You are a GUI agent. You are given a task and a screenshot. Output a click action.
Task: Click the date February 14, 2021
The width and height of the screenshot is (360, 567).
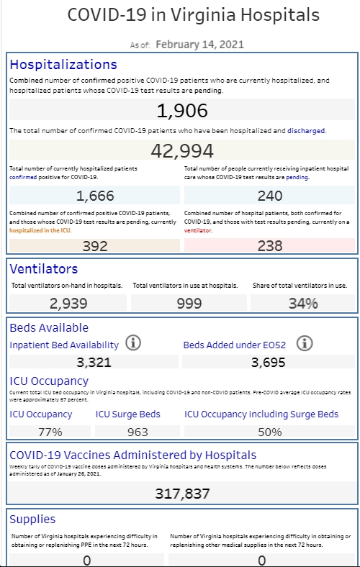199,45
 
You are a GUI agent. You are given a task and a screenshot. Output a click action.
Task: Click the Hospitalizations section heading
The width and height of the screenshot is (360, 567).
63,64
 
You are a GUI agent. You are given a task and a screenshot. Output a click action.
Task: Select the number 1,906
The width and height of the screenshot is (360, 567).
182,111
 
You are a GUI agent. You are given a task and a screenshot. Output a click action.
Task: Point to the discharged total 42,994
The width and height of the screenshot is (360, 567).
182,151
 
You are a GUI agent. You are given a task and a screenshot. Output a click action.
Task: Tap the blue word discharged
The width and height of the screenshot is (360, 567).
306,131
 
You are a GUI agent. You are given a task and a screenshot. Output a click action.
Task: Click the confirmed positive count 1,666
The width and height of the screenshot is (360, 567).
95,196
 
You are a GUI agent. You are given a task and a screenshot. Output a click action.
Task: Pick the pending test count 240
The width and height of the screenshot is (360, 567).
270,196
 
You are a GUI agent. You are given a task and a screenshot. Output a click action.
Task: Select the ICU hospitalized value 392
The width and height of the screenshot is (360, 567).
95,246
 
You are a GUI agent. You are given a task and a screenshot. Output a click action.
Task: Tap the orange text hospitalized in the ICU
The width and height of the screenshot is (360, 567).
40,230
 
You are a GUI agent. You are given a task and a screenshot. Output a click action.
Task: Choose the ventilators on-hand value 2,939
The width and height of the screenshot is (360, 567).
68,304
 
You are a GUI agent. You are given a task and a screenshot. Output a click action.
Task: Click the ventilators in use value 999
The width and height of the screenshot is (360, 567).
189,304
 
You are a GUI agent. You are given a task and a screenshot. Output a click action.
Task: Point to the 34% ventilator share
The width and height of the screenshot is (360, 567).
303,304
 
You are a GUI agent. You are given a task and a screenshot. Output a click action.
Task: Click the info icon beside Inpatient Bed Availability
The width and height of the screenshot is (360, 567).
133,343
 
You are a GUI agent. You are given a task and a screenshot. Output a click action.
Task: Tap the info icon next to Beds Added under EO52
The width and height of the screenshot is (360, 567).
305,343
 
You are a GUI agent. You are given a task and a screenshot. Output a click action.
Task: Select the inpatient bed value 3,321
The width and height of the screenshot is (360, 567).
94,363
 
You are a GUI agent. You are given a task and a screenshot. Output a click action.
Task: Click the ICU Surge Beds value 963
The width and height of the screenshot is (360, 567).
138,432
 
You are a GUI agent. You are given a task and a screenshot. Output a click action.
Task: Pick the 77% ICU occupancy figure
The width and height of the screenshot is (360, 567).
50,432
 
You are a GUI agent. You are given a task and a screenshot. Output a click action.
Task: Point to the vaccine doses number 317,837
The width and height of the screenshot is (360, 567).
182,494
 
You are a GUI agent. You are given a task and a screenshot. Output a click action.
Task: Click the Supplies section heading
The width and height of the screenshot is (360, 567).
32,520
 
